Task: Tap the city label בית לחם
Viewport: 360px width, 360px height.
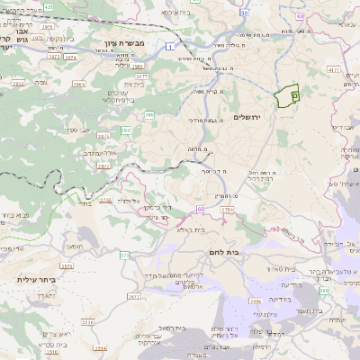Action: [x=221, y=253]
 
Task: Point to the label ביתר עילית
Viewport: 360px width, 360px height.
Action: [x=36, y=280]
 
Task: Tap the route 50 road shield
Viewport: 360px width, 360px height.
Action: [x=245, y=16]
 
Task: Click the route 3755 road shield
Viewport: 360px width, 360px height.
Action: [x=227, y=209]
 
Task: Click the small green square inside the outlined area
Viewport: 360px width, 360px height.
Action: [x=295, y=95]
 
